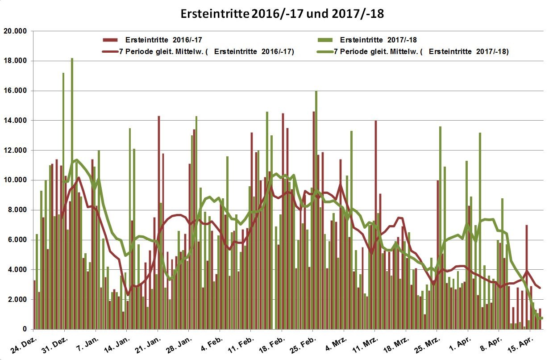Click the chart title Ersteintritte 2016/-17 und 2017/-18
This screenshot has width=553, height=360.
pyautogui.click(x=282, y=14)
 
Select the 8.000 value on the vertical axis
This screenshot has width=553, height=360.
pyautogui.click(x=16, y=210)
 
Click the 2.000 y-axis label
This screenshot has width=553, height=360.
pyautogui.click(x=16, y=300)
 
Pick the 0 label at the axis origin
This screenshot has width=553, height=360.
pyautogui.click(x=25, y=330)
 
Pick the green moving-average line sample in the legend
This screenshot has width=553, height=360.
pyautogui.click(x=325, y=51)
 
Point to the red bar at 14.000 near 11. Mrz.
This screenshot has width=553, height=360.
pyautogui.click(x=376, y=223)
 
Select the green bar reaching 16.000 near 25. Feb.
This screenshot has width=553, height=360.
pyautogui.click(x=316, y=210)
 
